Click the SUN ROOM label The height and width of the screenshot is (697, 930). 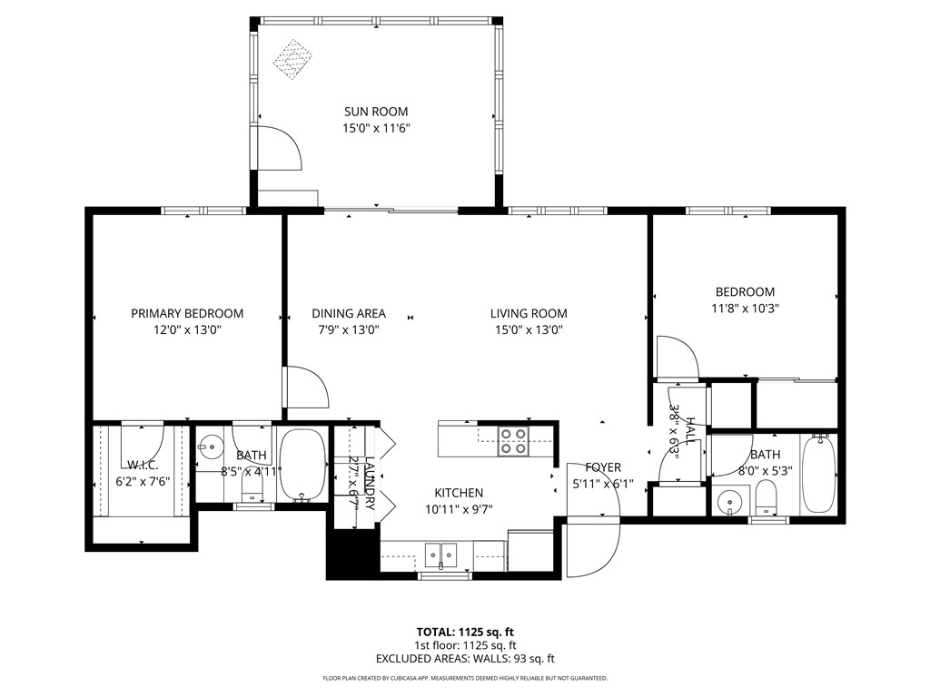(375, 112)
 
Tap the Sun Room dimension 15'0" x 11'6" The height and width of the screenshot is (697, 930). (375, 129)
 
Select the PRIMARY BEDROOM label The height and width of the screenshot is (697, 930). (187, 313)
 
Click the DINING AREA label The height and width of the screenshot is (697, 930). (348, 313)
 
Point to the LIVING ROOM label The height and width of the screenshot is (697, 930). (529, 313)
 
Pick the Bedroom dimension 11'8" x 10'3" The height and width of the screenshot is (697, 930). (745, 308)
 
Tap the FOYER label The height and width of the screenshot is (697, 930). (603, 467)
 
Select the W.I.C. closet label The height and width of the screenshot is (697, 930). (143, 465)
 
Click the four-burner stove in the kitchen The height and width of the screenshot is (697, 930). (513, 441)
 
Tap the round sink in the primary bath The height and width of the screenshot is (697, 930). (212, 446)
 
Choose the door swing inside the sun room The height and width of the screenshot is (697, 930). (278, 148)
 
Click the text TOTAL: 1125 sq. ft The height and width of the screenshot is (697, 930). (465, 632)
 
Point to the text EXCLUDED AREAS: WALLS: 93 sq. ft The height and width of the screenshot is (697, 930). (465, 659)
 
